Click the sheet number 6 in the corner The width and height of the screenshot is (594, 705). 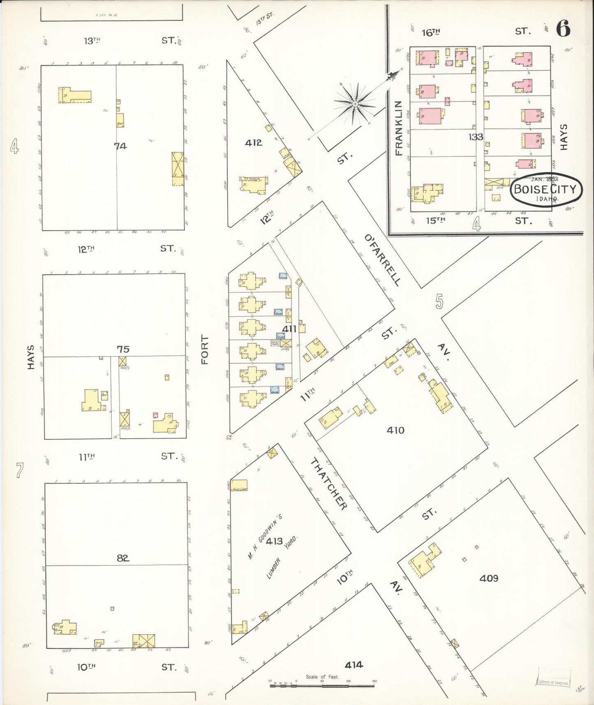click(563, 28)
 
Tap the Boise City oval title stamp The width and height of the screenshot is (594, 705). click(546, 190)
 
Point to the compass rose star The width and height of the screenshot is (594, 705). click(355, 104)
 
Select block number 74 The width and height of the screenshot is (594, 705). click(120, 146)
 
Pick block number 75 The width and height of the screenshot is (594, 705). click(123, 349)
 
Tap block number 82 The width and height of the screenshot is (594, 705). click(122, 558)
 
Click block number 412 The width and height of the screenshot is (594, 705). click(253, 143)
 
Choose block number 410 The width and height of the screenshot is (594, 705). click(395, 430)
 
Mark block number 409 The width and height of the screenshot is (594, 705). click(489, 578)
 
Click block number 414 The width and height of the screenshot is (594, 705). click(354, 664)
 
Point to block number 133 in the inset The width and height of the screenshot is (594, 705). click(475, 137)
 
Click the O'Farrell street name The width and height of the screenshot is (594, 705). click(382, 260)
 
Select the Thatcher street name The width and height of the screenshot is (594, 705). click(328, 484)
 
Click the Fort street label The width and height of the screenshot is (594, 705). click(205, 350)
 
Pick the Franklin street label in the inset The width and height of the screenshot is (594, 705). click(398, 128)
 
